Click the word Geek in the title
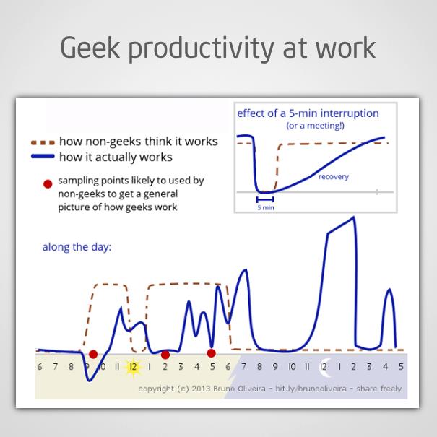tap(90, 48)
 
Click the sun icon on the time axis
tap(134, 368)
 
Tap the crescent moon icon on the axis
tap(325, 367)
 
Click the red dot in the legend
tap(48, 184)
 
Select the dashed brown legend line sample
tap(43, 143)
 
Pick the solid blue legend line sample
tap(43, 156)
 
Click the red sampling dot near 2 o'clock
tap(165, 355)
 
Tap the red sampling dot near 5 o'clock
tap(211, 353)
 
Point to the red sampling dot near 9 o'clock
tap(93, 354)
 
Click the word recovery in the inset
tap(334, 177)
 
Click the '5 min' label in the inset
tap(266, 207)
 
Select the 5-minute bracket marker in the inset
tap(265, 199)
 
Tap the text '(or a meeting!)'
tap(315, 126)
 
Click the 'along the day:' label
tap(77, 247)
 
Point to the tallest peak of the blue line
tap(354, 217)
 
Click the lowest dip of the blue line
tap(89, 381)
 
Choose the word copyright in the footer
tap(156, 389)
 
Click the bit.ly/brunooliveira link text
tap(311, 389)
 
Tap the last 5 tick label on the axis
tap(401, 366)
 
